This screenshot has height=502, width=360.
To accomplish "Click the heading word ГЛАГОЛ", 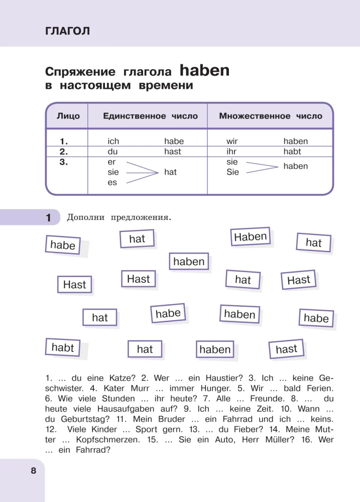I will [x=67, y=31].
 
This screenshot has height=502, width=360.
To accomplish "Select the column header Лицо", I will [x=68, y=116].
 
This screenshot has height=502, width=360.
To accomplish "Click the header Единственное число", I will [x=150, y=116].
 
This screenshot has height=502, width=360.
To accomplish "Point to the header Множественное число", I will [x=271, y=116].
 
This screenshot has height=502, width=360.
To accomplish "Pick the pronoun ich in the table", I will [x=113, y=142].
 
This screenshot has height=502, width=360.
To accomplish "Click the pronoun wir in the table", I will [x=232, y=142].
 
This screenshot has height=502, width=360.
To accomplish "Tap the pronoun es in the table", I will [x=112, y=183].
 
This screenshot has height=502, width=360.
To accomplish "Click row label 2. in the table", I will [x=64, y=152].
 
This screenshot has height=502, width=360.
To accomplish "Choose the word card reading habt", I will [x=63, y=347].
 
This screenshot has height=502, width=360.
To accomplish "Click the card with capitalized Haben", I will [x=251, y=236].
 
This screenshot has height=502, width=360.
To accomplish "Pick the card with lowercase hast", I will [x=286, y=349].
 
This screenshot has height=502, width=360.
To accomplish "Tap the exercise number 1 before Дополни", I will [x=49, y=218].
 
